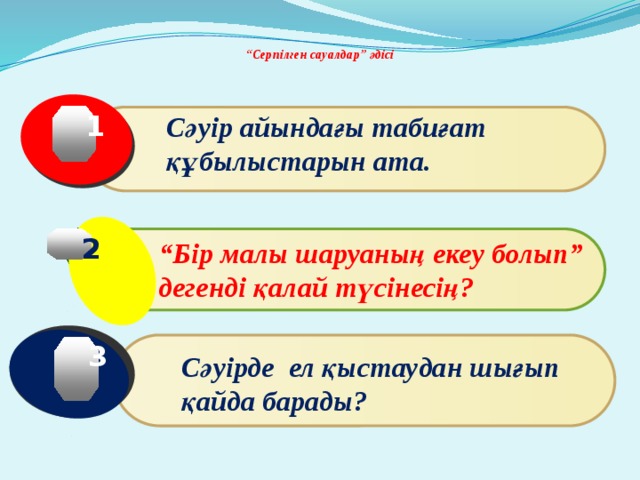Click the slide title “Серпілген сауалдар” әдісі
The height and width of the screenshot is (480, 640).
point(319,54)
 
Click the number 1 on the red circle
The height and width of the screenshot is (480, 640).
point(95,128)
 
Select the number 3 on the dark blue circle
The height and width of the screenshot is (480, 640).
point(97,357)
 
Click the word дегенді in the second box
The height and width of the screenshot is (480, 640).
point(198,288)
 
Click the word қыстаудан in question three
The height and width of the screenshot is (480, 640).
point(405,368)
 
